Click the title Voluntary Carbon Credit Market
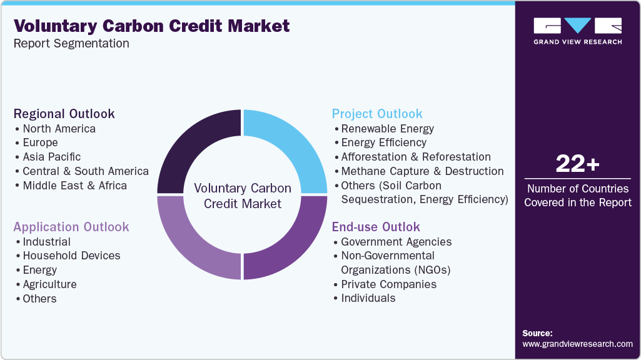(151, 26)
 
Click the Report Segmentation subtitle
(71, 44)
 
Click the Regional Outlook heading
(64, 114)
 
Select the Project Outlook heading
(377, 114)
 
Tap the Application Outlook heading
(71, 227)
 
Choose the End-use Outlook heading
(376, 227)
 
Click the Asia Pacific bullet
(51, 157)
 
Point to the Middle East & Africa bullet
(74, 186)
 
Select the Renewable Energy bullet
(387, 129)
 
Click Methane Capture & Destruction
(422, 171)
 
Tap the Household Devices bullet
(71, 256)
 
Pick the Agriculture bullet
(49, 284)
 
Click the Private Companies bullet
(388, 284)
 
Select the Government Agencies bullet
(396, 242)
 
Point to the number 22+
(577, 164)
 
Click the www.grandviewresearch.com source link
(577, 344)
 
